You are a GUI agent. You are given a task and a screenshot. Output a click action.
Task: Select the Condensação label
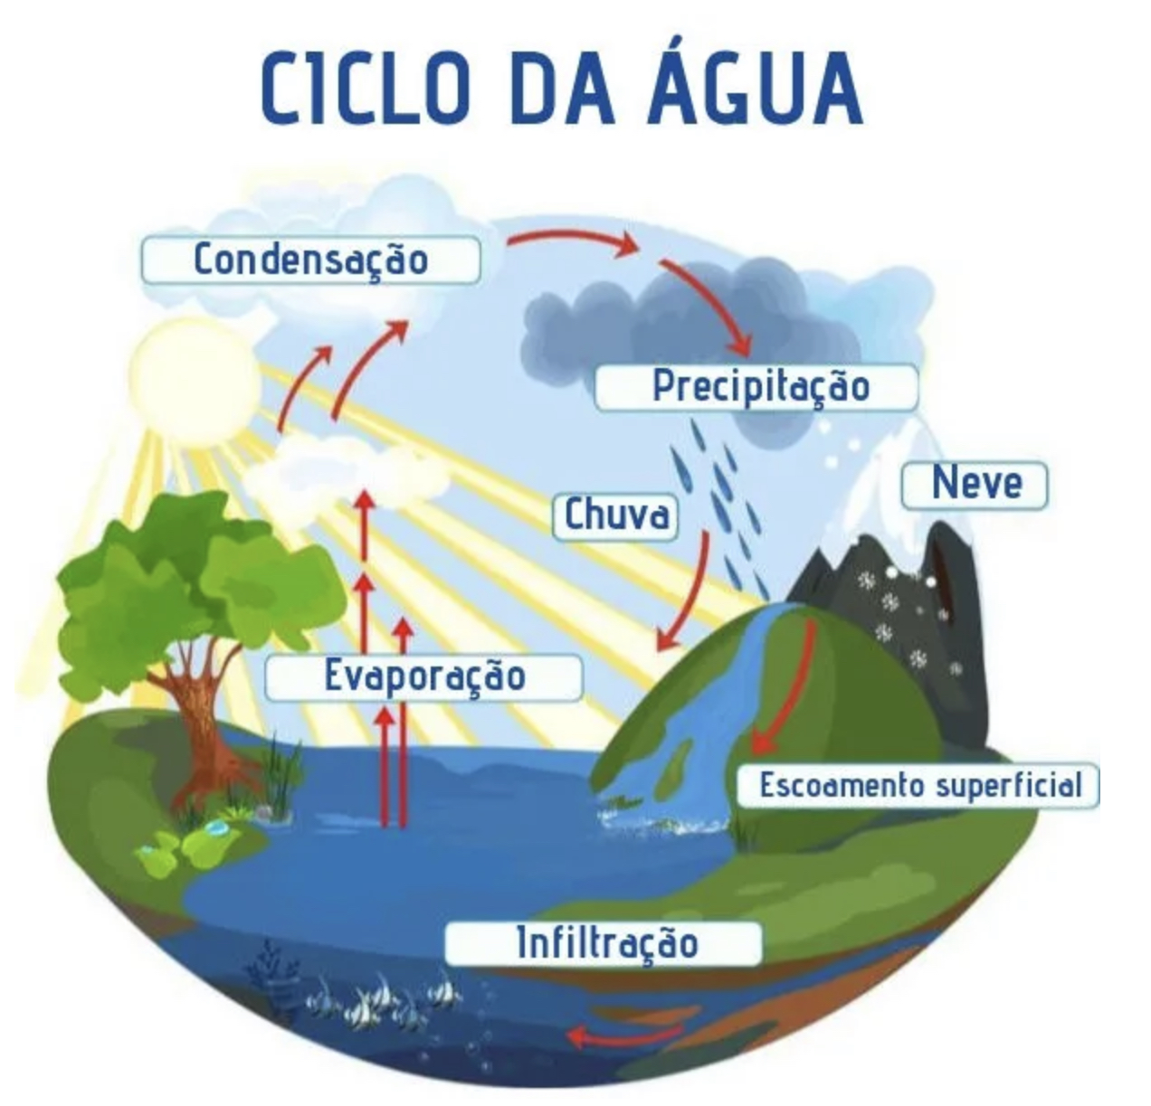(310, 260)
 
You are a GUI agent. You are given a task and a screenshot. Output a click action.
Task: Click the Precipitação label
(759, 387)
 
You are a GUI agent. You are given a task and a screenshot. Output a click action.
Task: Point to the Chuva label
(616, 515)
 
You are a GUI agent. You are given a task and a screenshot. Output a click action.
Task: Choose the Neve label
(975, 485)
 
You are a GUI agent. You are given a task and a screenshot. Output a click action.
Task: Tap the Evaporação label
(423, 676)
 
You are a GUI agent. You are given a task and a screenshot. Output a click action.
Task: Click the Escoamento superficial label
(918, 785)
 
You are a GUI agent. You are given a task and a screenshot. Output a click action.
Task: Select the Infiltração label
(604, 943)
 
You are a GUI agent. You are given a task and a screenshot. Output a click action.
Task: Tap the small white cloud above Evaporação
(348, 470)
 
